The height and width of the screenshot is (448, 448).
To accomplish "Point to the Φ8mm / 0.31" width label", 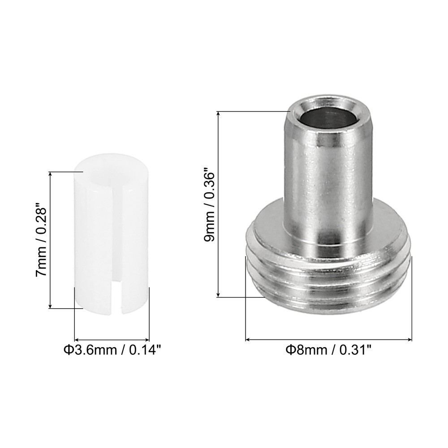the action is coord(328,350).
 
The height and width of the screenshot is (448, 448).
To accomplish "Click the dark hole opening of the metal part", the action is coord(329,118).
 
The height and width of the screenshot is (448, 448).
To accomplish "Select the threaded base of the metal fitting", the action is coord(328,280).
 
